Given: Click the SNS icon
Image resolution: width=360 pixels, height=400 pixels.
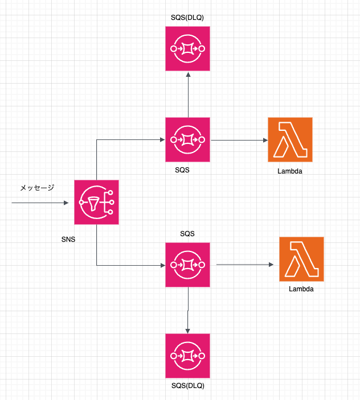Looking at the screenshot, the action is point(96,203).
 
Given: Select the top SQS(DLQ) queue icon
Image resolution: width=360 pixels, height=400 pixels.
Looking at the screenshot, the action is point(187,48).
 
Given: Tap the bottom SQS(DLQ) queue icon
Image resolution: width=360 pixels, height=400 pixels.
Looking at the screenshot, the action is point(187,356).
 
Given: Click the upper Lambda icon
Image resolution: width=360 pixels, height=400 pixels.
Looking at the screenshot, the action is point(290,139).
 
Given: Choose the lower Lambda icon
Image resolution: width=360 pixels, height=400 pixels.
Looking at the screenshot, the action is point(301,259).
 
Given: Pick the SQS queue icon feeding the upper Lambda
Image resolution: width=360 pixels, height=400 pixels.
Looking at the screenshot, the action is point(187,139).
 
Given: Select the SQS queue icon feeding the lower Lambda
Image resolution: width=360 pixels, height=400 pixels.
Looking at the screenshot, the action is point(187,265).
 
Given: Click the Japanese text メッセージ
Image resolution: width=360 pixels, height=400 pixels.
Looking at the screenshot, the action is point(37,188).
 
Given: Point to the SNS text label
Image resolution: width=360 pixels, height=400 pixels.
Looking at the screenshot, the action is point(68,240).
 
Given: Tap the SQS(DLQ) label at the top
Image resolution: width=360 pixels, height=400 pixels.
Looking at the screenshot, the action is point(187,18).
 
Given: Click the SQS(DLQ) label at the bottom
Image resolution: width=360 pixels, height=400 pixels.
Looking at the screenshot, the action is point(188,385).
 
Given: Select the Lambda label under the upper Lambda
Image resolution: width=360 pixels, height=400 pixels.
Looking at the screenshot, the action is point(290,171).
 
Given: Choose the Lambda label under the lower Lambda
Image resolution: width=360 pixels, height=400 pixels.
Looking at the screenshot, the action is point(301,289).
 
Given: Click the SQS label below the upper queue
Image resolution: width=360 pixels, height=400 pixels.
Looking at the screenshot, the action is point(182,170).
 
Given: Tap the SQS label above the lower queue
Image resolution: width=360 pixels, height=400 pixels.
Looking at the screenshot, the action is point(187,233).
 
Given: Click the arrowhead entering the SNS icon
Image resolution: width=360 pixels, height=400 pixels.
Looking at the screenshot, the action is point(66,203).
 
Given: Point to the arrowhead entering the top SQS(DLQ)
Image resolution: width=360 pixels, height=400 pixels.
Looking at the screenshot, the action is point(188,75).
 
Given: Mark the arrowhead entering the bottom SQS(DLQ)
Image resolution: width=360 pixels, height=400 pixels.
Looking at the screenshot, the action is point(187,331).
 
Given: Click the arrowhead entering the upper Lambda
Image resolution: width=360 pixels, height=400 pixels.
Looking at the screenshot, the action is point(265,140).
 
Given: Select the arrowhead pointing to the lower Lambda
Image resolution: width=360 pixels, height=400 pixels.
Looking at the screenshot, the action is point(271,265).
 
